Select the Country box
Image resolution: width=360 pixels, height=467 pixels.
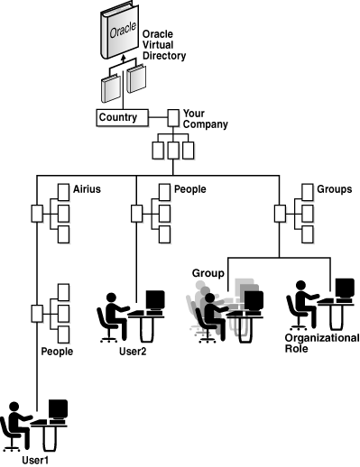[118, 116]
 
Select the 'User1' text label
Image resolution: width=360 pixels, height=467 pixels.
[33, 461]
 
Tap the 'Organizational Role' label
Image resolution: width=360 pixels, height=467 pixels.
[321, 343]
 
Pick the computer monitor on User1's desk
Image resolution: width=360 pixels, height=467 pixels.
[58, 410]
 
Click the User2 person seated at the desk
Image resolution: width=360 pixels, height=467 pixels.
[114, 315]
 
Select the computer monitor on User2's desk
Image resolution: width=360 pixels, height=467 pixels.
[155, 299]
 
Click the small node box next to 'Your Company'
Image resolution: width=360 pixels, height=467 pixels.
[173, 116]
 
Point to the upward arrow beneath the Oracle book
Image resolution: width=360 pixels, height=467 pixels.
[124, 73]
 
